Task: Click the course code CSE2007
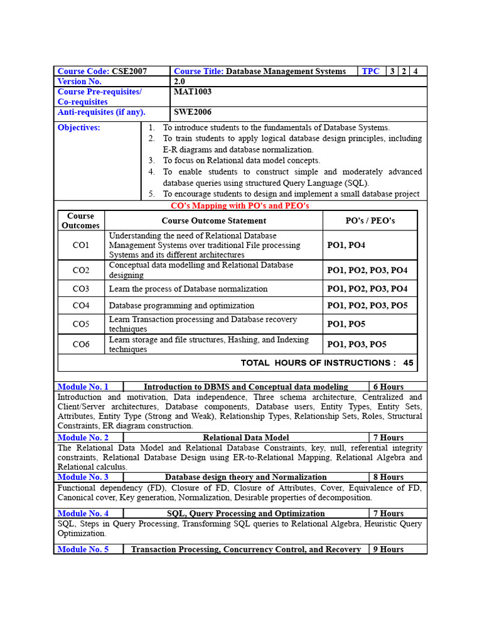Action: click(129, 72)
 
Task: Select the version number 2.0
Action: click(179, 82)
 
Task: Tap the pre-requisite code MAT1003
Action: click(193, 92)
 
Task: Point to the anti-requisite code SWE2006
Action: click(192, 112)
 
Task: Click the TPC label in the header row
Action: click(370, 72)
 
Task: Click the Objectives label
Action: click(78, 127)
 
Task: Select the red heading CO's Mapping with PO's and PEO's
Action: click(240, 206)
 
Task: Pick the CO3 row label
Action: click(81, 289)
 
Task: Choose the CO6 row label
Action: click(81, 344)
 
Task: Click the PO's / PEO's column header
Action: click(370, 220)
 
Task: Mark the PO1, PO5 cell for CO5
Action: click(346, 324)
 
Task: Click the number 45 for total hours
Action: click(408, 363)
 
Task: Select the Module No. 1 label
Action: click(83, 387)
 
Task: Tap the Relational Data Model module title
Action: click(246, 438)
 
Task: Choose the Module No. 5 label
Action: click(83, 549)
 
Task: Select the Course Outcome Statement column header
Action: click(213, 220)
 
